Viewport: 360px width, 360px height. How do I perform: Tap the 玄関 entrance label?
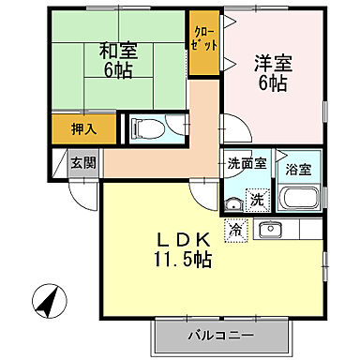coord(82,162)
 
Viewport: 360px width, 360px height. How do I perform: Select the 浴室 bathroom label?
coord(299,169)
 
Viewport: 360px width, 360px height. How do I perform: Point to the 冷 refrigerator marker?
coord(234,227)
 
